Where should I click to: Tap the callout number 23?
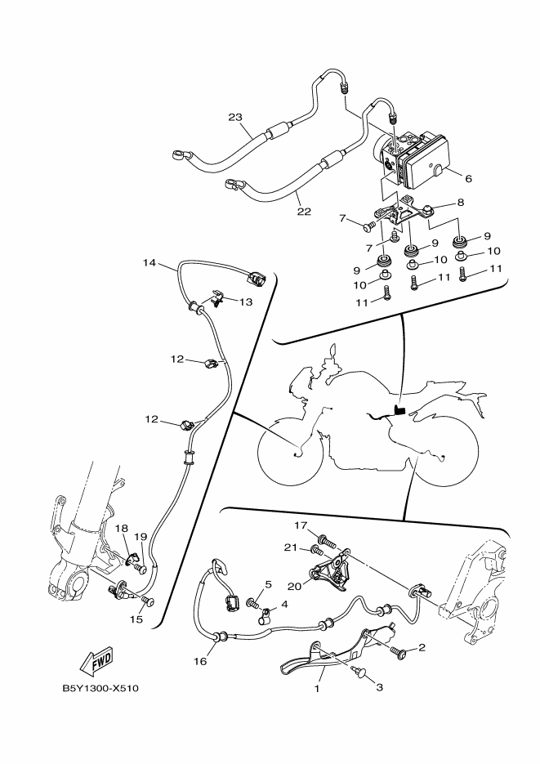click(x=235, y=117)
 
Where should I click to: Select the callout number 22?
click(x=304, y=212)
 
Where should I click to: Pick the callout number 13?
click(x=246, y=302)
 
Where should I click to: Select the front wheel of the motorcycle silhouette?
click(x=292, y=449)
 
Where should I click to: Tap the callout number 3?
click(x=378, y=687)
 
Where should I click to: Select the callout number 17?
click(x=301, y=526)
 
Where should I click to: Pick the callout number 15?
click(x=136, y=619)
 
